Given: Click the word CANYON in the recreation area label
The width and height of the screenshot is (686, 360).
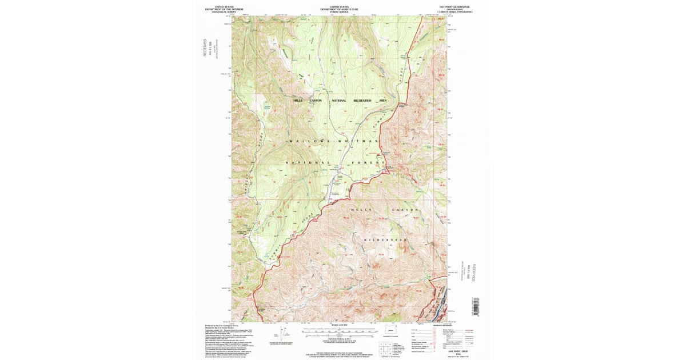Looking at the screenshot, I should click(316, 101).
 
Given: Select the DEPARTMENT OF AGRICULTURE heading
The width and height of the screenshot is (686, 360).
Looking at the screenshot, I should click(340, 9).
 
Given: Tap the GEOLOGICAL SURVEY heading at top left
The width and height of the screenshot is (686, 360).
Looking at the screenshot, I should click(224, 11).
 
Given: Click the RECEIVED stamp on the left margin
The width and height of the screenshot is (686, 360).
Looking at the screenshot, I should click(204, 47).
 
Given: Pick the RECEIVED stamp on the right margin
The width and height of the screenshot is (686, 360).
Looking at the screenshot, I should click(473, 271).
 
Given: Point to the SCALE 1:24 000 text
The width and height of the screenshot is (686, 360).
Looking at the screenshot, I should click(340, 325).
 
